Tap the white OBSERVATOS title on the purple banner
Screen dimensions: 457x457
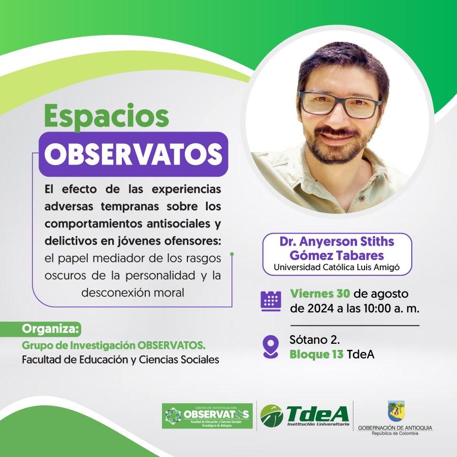pos(133,154)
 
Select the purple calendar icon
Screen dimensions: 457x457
pos(271,301)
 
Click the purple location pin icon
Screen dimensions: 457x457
pos(271,346)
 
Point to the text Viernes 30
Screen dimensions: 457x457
pos(320,294)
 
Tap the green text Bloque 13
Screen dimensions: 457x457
pos(316,354)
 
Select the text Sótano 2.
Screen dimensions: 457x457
pos(315,340)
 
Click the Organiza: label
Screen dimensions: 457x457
pos(51,329)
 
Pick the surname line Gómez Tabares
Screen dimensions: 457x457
pos(337,255)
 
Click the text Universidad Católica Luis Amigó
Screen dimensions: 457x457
pos(337,267)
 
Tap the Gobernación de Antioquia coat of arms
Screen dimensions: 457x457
pos(396,411)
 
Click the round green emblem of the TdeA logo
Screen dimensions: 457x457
pos(271,415)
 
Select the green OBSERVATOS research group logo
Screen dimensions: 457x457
pos(207,416)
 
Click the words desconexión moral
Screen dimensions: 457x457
pos(133,292)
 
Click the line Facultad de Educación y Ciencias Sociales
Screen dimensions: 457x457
pos(120,360)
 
